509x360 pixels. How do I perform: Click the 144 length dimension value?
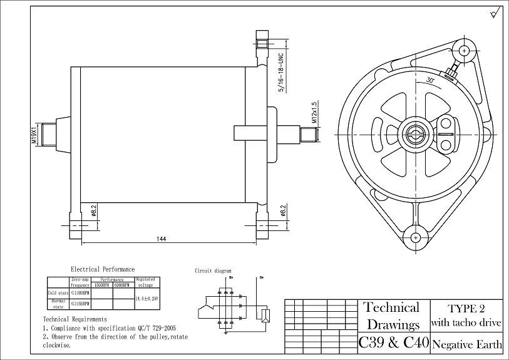point(161,239)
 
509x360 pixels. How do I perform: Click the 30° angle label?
point(429,81)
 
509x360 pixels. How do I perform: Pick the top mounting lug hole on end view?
point(464,50)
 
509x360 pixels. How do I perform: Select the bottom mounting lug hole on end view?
point(416,237)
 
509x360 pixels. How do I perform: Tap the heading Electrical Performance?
point(103,269)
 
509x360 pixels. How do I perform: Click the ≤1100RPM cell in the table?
point(80,292)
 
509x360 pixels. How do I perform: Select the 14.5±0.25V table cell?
point(147,299)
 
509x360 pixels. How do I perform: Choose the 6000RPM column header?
point(123,284)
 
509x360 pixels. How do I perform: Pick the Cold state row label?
point(58,292)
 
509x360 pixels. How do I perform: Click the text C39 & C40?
point(393,343)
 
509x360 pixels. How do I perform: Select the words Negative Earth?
point(467,344)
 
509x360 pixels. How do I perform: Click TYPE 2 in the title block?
point(466,309)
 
